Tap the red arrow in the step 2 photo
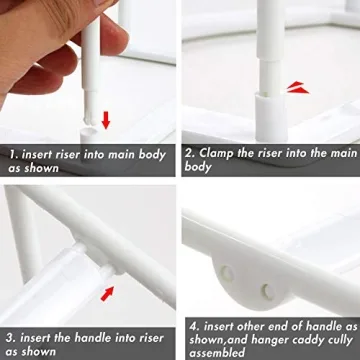297,88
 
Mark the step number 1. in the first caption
12,155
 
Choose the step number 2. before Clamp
190,155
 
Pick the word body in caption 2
199,169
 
